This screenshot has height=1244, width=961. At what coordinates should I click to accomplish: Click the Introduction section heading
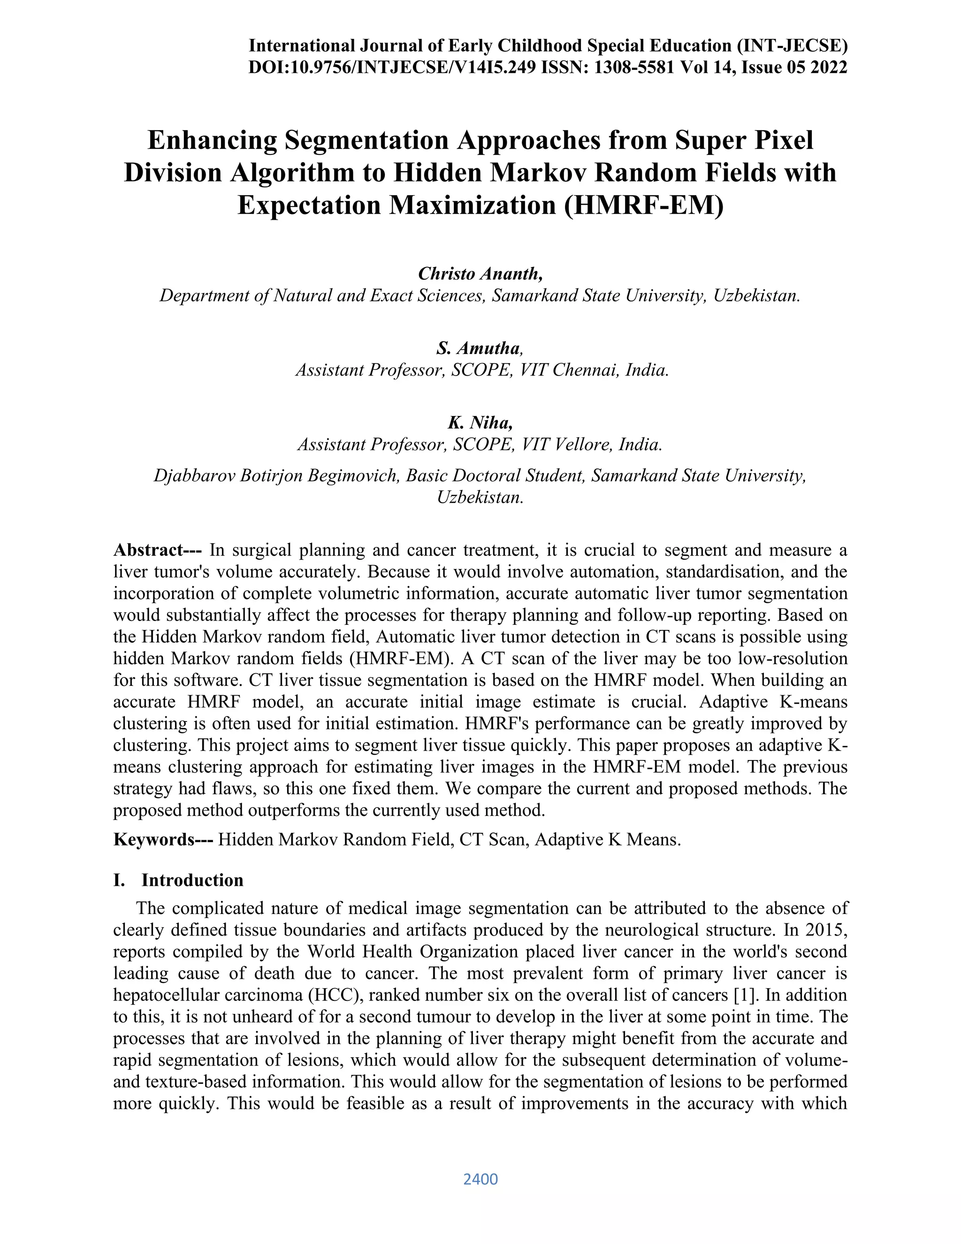[192, 880]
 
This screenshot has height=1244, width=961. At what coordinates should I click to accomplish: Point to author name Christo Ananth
[480, 274]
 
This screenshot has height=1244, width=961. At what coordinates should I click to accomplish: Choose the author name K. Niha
[480, 422]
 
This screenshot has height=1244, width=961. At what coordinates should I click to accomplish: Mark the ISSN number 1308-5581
[633, 68]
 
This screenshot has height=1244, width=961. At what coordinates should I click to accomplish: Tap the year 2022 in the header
[828, 68]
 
